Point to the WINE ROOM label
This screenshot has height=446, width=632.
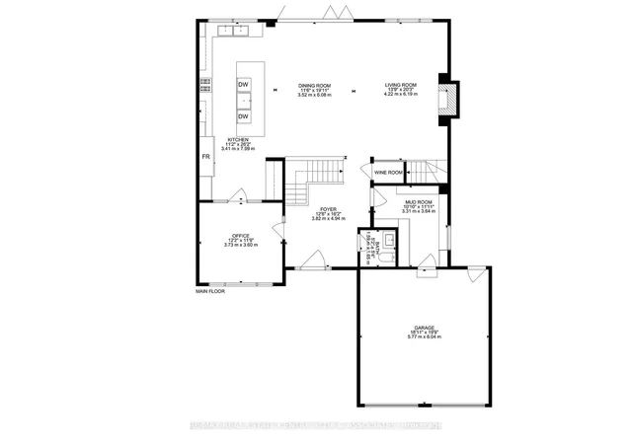(387, 172)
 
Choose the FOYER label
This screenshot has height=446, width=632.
(327, 208)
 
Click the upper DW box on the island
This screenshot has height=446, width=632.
(242, 84)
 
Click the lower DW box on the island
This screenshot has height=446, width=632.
(242, 117)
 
